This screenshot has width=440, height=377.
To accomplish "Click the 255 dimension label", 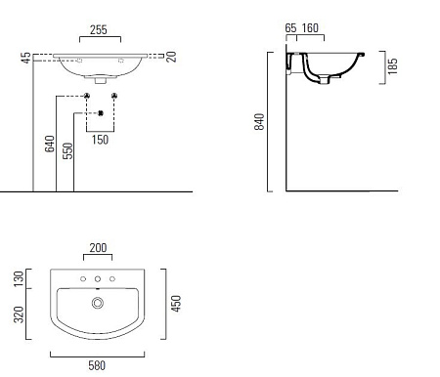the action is click(99, 30).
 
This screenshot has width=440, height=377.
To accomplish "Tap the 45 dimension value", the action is click(26, 58).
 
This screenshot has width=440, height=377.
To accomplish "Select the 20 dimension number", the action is click(171, 57).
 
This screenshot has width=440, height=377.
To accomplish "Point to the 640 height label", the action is click(50, 144).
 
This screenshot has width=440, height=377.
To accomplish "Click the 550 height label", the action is click(67, 150).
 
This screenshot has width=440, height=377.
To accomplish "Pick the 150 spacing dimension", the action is click(100, 140).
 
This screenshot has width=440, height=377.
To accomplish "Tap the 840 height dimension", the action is click(259, 122).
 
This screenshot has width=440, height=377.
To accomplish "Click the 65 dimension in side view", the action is click(290, 28).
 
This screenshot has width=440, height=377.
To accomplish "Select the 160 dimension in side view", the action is click(310, 28).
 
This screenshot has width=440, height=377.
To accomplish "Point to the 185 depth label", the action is click(393, 66).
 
